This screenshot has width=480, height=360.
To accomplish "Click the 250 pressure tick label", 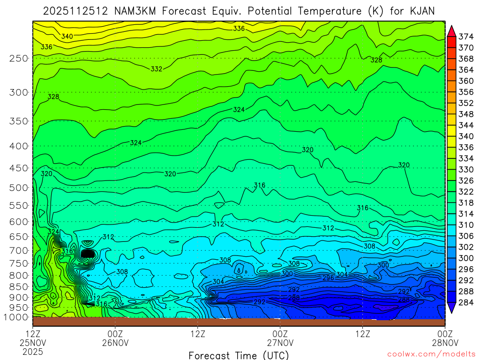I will point(19,59).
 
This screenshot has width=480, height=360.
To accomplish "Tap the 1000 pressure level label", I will point(17,317).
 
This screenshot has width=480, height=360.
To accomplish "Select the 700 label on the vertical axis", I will point(19,250).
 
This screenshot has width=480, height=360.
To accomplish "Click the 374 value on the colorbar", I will point(465,37).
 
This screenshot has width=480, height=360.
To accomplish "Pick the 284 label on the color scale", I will point(465,303).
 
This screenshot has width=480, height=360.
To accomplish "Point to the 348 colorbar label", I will point(465,114).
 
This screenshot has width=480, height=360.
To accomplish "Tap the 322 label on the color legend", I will point(465,192).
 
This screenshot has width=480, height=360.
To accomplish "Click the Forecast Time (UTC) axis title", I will point(239,355).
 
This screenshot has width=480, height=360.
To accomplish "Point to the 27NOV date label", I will point(280,342).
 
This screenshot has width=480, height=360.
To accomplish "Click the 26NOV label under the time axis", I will point(115,342).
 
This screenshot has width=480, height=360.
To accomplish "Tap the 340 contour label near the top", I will point(67,37).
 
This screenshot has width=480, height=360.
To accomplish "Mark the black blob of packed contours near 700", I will point(88,254).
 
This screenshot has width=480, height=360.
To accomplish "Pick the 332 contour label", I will point(157,69).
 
